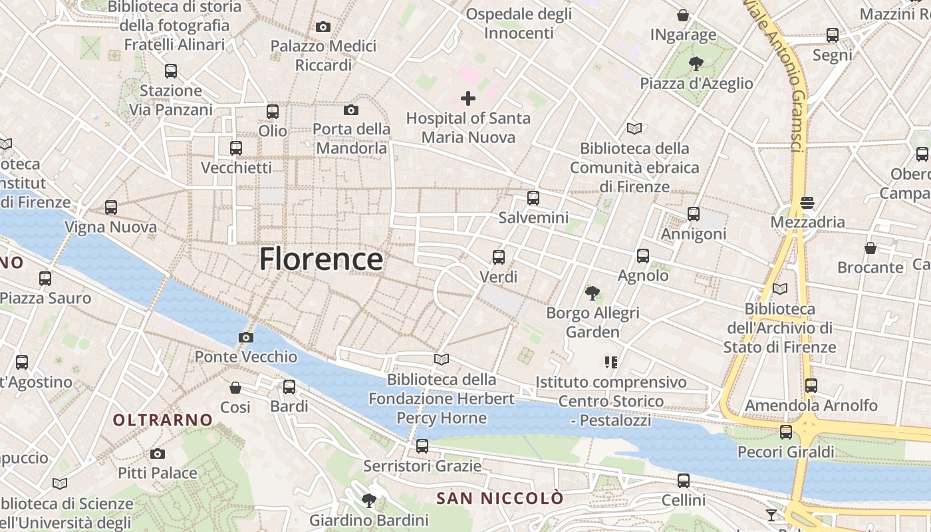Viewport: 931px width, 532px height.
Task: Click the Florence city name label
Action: pyautogui.click(x=321, y=259)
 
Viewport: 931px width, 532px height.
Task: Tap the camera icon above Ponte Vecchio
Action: pyautogui.click(x=245, y=337)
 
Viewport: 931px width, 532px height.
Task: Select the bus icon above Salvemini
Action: pyautogui.click(x=533, y=198)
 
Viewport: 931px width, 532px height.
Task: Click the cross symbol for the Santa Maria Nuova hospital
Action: pyautogui.click(x=468, y=99)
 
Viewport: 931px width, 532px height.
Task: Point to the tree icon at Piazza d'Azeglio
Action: pyautogui.click(x=696, y=64)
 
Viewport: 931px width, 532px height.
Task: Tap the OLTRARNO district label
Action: pyautogui.click(x=162, y=420)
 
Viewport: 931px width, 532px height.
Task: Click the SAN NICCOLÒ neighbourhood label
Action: pyautogui.click(x=499, y=498)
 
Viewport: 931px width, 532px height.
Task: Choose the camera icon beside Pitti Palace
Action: pyautogui.click(x=157, y=454)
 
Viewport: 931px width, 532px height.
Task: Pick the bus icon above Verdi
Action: pyautogui.click(x=498, y=257)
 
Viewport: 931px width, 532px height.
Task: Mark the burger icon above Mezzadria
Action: pyautogui.click(x=807, y=202)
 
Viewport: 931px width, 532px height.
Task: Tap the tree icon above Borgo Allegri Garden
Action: pyautogui.click(x=592, y=293)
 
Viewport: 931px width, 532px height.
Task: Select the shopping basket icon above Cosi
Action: pyautogui.click(x=235, y=387)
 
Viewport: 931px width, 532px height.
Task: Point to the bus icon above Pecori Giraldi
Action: pyautogui.click(x=785, y=432)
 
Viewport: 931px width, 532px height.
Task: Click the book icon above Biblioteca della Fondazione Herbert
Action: pyautogui.click(x=441, y=360)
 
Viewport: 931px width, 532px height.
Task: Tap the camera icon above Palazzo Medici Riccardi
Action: pyautogui.click(x=323, y=27)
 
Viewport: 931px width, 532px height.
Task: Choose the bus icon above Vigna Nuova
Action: pyautogui.click(x=111, y=207)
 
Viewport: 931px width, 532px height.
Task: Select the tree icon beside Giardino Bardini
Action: pyautogui.click(x=368, y=500)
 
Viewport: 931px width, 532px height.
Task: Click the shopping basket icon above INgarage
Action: pyautogui.click(x=682, y=15)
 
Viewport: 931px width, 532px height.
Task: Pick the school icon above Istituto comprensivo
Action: pyautogui.click(x=610, y=362)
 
